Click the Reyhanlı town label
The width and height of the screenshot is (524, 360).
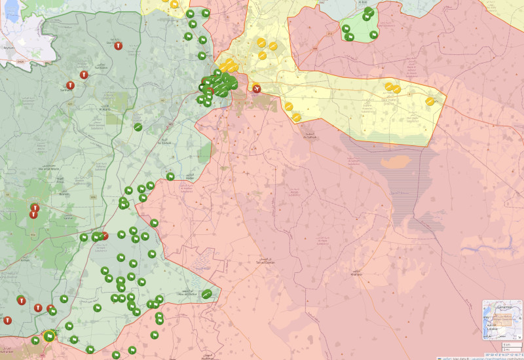point(9,48)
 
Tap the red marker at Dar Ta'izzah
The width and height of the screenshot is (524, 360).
point(116,46)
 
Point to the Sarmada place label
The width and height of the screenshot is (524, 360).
point(67,90)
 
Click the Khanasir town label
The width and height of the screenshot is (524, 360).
point(356,273)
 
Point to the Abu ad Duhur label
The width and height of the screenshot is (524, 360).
point(189,293)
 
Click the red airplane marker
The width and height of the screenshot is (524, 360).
point(257,88)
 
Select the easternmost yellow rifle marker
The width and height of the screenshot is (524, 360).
point(430,101)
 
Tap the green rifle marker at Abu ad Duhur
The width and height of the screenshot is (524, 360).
point(207,295)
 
